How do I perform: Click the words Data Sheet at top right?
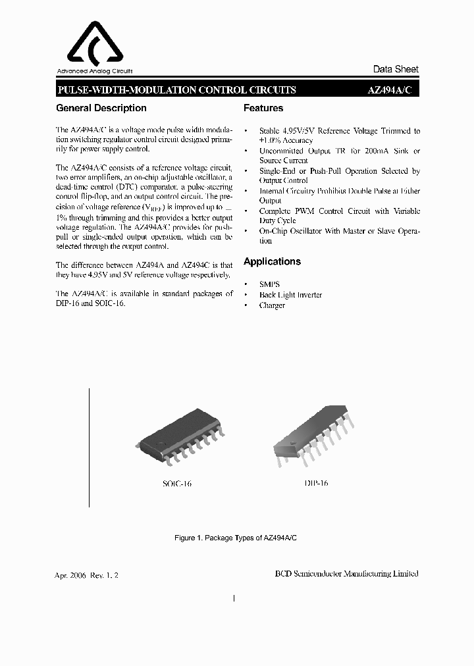pyautogui.click(x=396, y=69)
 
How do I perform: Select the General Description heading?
pyautogui.click(x=101, y=108)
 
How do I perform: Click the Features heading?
pyautogui.click(x=263, y=108)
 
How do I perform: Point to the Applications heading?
pyautogui.click(x=272, y=261)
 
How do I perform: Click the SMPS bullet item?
pyautogui.click(x=269, y=285)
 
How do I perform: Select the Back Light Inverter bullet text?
pyautogui.click(x=290, y=295)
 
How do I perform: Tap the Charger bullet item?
pyautogui.click(x=272, y=305)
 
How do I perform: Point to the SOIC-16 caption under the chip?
pyautogui.click(x=177, y=484)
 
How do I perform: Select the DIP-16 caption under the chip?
pyautogui.click(x=316, y=483)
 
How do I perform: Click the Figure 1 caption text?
pyautogui.click(x=236, y=538)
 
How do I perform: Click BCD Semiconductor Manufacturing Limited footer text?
pyautogui.click(x=346, y=574)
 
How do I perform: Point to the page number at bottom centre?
pyautogui.click(x=235, y=599)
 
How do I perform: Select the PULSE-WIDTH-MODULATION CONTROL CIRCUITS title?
pyautogui.click(x=177, y=90)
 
